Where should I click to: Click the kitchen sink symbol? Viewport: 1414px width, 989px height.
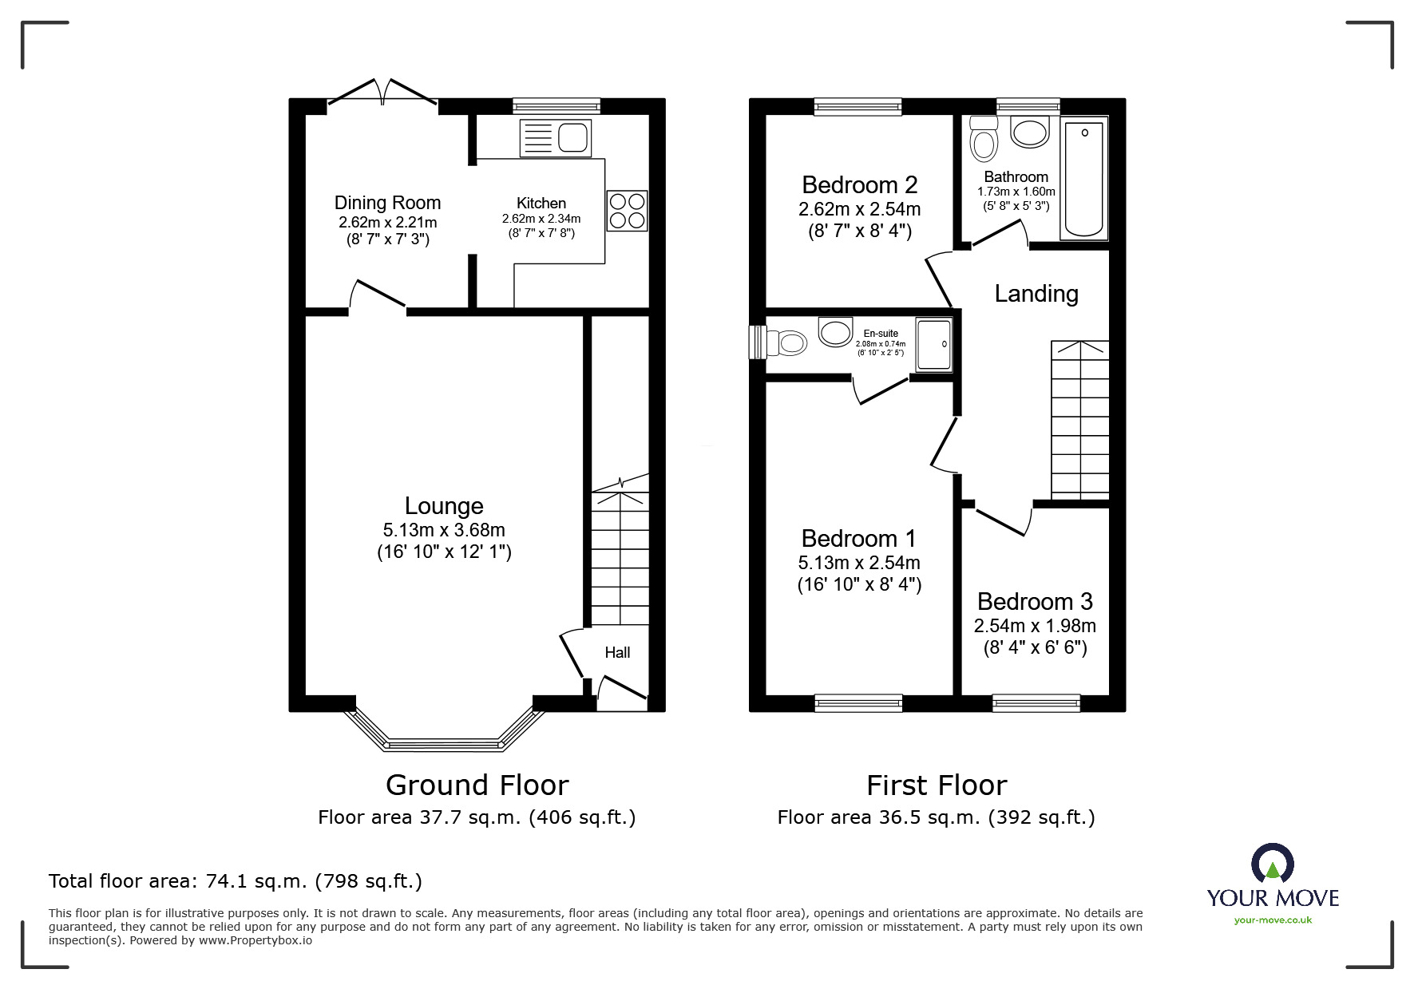pyautogui.click(x=555, y=138)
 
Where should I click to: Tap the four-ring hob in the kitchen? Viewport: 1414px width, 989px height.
pyautogui.click(x=627, y=211)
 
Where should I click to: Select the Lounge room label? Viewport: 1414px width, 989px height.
pyautogui.click(x=444, y=506)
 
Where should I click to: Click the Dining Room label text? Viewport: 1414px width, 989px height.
pyautogui.click(x=387, y=203)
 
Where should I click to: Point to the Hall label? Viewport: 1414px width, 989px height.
pyautogui.click(x=617, y=653)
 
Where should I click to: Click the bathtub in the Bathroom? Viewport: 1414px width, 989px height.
pyautogui.click(x=1083, y=178)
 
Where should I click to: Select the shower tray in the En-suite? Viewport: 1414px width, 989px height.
pyautogui.click(x=933, y=345)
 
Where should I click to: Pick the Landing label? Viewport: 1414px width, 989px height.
pyautogui.click(x=1036, y=294)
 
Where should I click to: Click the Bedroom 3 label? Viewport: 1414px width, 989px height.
pyautogui.click(x=1034, y=601)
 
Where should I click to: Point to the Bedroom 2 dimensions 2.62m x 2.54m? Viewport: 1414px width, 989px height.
pyautogui.click(x=859, y=209)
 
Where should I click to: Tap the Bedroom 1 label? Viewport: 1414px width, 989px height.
pyautogui.click(x=859, y=539)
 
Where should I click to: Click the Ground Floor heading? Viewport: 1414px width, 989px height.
pyautogui.click(x=477, y=785)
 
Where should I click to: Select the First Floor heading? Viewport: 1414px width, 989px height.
pyautogui.click(x=936, y=785)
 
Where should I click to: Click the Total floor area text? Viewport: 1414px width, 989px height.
pyautogui.click(x=236, y=881)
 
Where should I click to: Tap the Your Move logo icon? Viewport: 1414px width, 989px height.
pyautogui.click(x=1272, y=864)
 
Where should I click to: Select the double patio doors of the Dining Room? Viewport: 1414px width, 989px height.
pyautogui.click(x=382, y=93)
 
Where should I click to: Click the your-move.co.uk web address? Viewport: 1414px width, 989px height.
pyautogui.click(x=1273, y=920)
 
